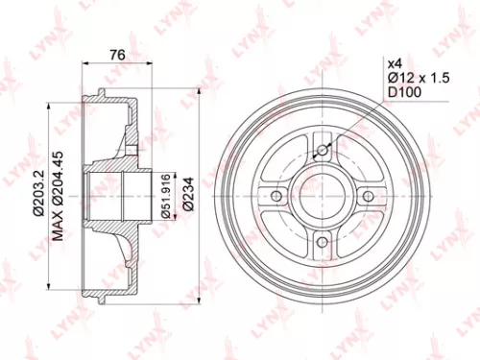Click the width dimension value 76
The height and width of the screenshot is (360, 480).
point(117,54)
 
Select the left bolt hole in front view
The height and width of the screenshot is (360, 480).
point(276,196)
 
